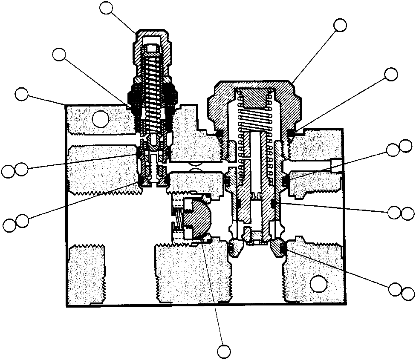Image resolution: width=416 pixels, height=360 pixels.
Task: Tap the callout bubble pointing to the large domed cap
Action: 340,25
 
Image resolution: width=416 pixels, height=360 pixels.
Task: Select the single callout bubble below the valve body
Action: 223,351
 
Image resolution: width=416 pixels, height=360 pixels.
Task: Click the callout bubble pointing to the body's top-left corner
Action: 21,94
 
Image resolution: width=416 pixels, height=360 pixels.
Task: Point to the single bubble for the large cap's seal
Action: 390,74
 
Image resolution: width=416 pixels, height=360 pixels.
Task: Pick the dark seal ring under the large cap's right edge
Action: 292,133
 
